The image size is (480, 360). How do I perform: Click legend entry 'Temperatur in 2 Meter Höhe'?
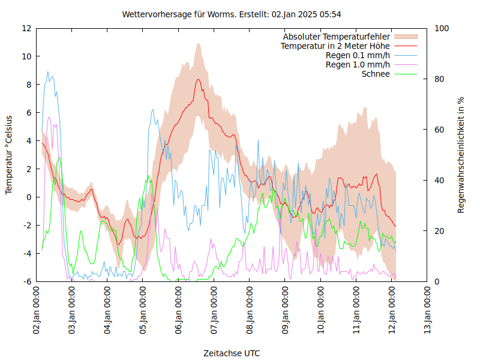(335, 46)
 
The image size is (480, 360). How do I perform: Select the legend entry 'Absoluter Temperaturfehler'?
(337, 37)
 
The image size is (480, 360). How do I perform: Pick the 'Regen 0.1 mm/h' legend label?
(358, 56)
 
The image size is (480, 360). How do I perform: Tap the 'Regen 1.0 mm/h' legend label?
(358, 65)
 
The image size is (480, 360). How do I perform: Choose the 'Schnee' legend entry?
(376, 74)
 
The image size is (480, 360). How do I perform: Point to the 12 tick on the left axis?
(26, 28)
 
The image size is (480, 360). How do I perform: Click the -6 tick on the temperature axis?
(26, 282)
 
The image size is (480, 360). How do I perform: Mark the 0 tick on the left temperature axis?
(28, 197)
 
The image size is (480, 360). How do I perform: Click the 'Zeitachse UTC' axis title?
(232, 353)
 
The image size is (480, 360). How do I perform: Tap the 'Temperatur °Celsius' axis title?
(9, 155)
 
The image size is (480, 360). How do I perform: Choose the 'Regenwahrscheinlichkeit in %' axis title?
(461, 155)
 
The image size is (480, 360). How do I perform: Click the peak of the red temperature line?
(197, 80)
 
